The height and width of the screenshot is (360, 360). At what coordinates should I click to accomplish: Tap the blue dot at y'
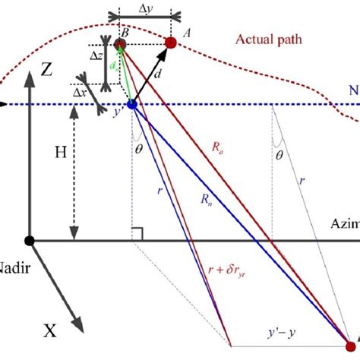tap(132, 105)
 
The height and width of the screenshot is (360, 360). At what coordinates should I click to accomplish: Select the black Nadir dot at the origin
tap(30, 241)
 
